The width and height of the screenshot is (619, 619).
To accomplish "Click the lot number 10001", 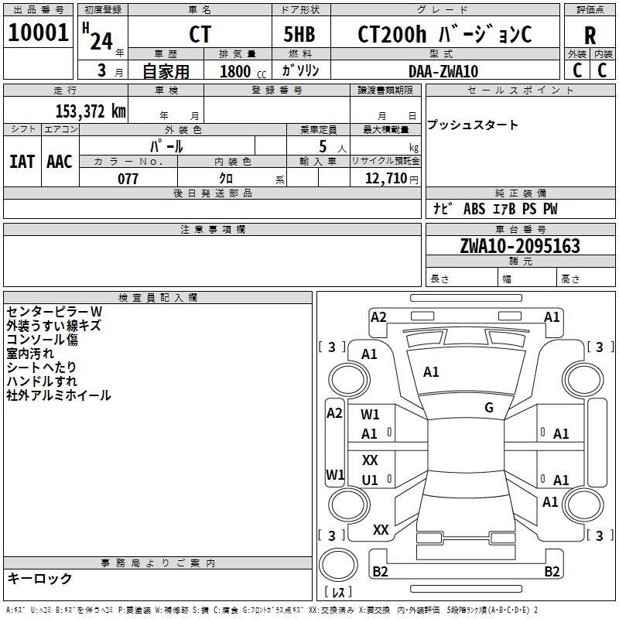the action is point(38,32).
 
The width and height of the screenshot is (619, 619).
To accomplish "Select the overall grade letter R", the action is point(590,36).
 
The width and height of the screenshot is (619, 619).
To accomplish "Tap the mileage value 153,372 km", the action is point(91,111).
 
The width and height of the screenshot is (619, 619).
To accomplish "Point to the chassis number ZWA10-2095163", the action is point(520,245).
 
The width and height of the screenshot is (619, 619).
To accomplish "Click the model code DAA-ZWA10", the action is point(443,71).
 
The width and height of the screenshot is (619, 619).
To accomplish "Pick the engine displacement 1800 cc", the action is point(243,71).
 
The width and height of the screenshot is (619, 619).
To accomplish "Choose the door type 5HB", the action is point(299,34).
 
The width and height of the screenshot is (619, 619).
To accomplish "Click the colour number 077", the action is point(128,179).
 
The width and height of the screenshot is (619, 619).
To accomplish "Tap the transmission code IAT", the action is point(22,162).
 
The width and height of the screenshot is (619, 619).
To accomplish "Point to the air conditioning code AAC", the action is point(60,162).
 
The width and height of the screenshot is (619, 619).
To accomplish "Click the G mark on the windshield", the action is point(489,407).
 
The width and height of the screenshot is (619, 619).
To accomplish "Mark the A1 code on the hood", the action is point(431,372).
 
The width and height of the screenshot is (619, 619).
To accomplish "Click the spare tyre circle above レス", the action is point(338,565).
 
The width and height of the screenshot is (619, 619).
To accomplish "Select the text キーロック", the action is point(39,578).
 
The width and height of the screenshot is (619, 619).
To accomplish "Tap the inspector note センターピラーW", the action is point(54,312).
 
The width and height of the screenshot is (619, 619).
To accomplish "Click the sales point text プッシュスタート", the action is point(472,125).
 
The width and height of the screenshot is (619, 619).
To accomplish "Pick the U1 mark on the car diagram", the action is point(370,480).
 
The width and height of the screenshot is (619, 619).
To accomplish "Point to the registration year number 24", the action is point(101,42).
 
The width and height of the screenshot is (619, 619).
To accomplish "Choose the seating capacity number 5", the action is point(323,146).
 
